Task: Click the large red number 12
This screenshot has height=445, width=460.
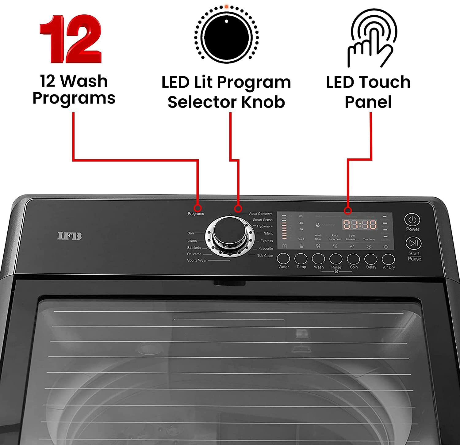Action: pos(71,39)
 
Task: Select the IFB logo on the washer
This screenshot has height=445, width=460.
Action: pos(70,236)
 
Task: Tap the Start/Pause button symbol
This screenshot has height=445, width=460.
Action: pos(413,243)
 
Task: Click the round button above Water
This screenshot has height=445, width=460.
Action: pos(283,259)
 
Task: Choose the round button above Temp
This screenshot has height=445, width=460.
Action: pos(301,259)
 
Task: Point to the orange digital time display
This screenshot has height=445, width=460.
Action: pos(360,225)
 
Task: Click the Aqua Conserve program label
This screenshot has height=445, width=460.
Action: pos(260,214)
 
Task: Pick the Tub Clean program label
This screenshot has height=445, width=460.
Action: pos(265,256)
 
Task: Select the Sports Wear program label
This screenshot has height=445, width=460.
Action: pos(197,261)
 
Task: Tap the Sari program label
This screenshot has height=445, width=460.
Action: pos(190,233)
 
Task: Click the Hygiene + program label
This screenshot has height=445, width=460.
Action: pos(265,226)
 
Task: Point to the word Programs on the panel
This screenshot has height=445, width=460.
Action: pos(196,214)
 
